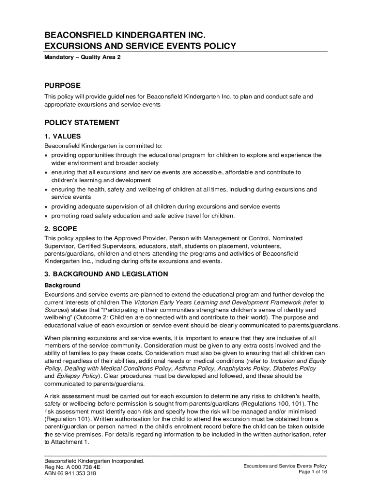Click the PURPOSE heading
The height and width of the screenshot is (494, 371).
(x=63, y=85)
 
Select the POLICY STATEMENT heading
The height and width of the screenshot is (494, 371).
(x=82, y=123)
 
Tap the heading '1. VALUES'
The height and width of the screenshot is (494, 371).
(x=63, y=136)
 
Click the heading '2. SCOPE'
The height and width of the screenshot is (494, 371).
(x=61, y=228)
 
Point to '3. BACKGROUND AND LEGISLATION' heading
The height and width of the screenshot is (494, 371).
(x=106, y=274)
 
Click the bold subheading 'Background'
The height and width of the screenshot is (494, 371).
(x=63, y=285)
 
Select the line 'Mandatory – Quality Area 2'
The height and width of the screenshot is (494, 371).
(x=82, y=57)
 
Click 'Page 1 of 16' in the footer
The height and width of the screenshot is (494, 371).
(x=313, y=472)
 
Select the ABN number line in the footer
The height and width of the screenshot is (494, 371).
(x=70, y=474)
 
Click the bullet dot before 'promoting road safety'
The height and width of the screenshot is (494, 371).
(x=47, y=216)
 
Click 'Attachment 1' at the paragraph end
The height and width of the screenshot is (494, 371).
(x=70, y=442)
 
